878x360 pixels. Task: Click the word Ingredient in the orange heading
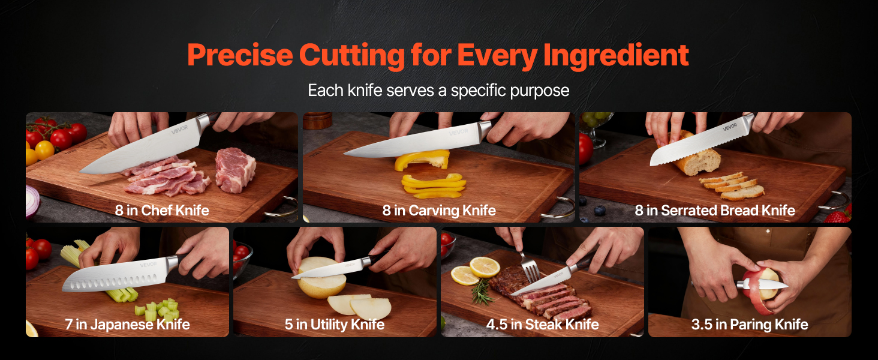[616, 56]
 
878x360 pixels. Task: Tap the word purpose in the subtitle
[539, 91]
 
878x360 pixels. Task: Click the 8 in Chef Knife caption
[162, 211]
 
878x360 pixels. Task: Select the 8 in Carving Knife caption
[439, 211]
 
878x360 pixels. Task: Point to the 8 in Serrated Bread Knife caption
[715, 211]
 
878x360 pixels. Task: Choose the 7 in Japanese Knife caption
[127, 325]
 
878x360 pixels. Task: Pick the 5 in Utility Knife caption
[334, 325]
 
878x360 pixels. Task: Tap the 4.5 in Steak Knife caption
[543, 325]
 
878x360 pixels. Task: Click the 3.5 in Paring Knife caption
[750, 325]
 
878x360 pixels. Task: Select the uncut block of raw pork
[235, 170]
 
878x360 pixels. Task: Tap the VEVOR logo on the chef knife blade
[179, 130]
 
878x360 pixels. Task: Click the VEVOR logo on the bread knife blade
[730, 127]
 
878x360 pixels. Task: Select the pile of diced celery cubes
[158, 310]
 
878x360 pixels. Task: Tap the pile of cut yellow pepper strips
[434, 185]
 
